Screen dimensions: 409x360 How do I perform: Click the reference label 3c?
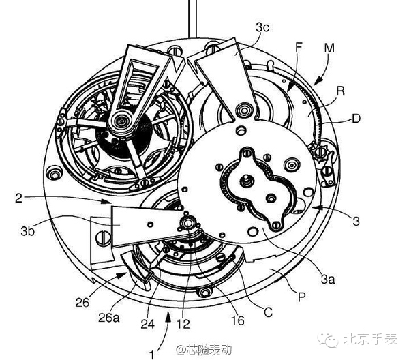(262, 27)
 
